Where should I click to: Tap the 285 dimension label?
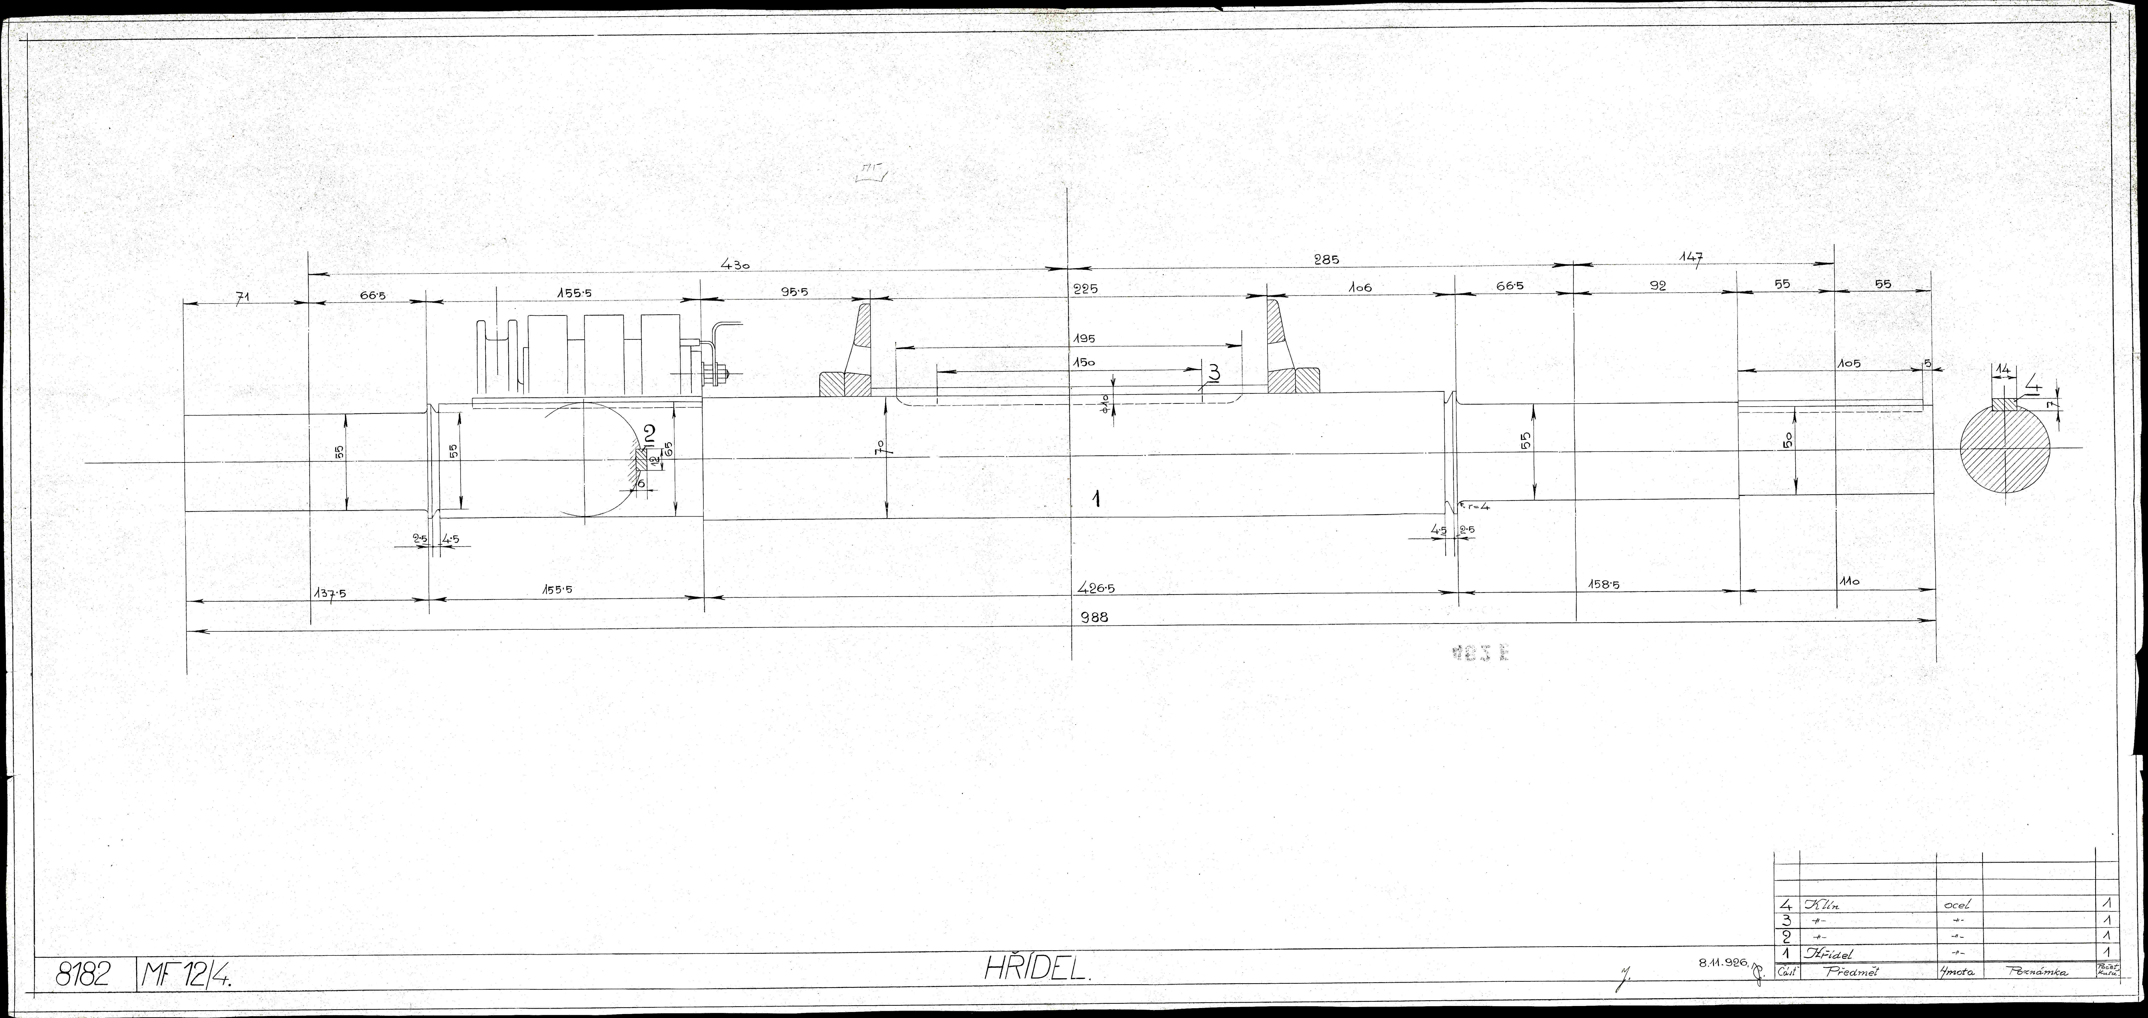point(1326,259)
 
